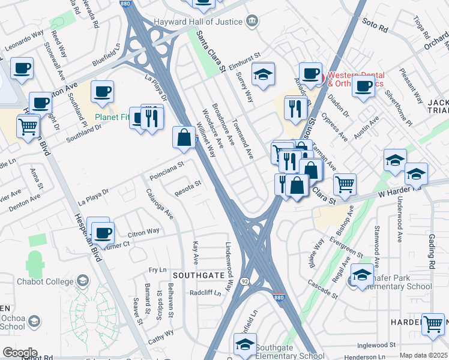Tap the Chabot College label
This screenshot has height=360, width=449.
click(x=51, y=281)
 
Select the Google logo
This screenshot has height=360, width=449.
click(x=20, y=352)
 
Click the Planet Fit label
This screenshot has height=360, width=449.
click(x=112, y=117)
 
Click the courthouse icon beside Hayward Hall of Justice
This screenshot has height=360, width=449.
click(x=253, y=22)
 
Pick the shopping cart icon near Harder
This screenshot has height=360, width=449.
click(x=433, y=324)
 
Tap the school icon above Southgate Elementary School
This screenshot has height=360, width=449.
click(x=245, y=344)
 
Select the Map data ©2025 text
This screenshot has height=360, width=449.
click(x=423, y=355)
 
